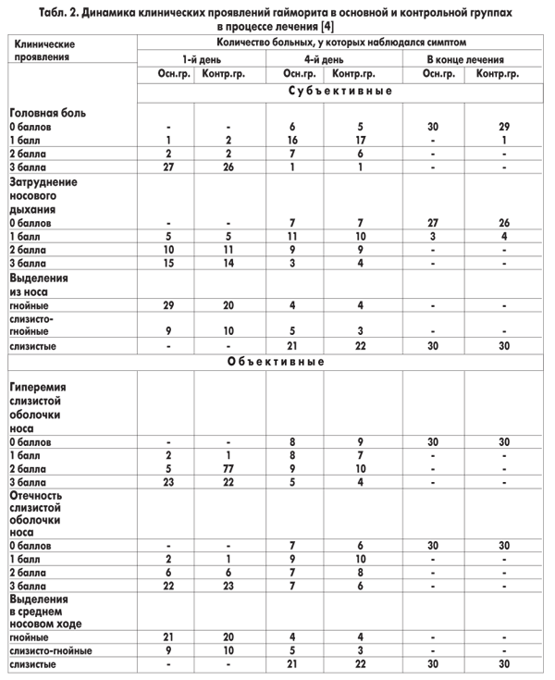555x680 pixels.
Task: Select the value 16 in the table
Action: tap(292, 139)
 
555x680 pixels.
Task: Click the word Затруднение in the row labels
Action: tap(43, 182)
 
